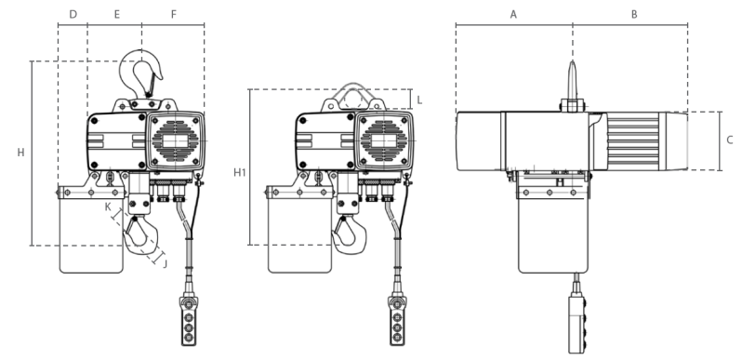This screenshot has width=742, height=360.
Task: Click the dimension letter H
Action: (20, 152)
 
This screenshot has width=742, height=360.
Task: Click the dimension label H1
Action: (240, 172)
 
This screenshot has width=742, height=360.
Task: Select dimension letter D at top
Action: (73, 15)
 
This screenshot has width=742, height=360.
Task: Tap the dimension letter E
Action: (115, 15)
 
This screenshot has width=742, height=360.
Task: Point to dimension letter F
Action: (173, 15)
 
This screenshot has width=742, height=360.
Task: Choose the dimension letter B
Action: (633, 15)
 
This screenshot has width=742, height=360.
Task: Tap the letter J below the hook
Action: (166, 263)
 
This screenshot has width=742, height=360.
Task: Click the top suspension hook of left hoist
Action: (141, 71)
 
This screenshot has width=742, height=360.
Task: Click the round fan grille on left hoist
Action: (176, 140)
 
